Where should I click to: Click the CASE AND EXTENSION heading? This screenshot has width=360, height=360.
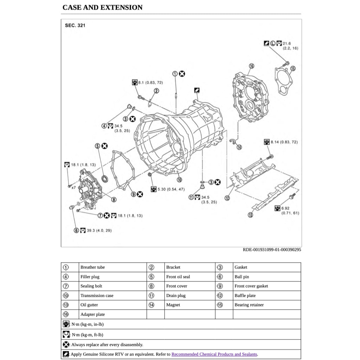102,7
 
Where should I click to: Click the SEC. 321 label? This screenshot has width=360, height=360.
75,25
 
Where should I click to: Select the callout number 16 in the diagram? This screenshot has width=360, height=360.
251,66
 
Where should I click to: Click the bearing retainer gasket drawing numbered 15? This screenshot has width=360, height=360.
283,82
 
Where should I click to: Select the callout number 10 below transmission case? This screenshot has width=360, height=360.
179,180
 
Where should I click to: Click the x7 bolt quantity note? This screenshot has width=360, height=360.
73,187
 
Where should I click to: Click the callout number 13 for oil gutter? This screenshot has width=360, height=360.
250,215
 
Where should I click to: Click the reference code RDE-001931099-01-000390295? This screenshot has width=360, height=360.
272,250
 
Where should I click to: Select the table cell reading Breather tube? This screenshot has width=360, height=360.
92,267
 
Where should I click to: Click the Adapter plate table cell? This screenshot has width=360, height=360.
92,314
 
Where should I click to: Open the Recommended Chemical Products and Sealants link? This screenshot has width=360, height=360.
214,354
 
